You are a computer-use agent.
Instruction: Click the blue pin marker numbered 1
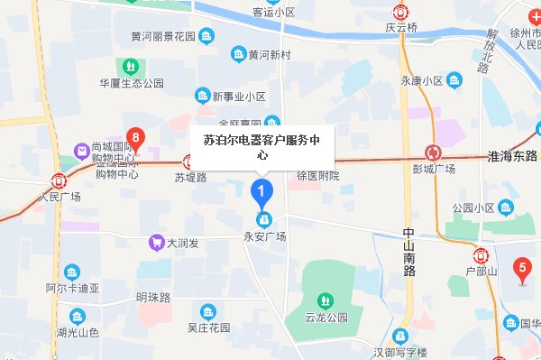pyautogui.click(x=261, y=191)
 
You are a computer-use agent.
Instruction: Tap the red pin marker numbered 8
pyautogui.click(x=136, y=138)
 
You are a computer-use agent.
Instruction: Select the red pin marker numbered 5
pyautogui.click(x=520, y=267)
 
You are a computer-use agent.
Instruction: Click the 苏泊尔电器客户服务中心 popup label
pyautogui.click(x=261, y=147)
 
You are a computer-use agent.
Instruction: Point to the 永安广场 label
pyautogui.click(x=262, y=236)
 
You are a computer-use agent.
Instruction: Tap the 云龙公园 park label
pyautogui.click(x=326, y=318)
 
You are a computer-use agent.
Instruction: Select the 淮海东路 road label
pyautogui.click(x=511, y=155)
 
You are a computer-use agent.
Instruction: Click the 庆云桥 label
pyautogui.click(x=403, y=28)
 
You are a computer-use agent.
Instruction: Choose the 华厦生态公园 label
pyautogui.click(x=132, y=83)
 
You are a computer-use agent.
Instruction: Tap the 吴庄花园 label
pyautogui.click(x=209, y=327)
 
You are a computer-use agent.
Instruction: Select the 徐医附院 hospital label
pyautogui.click(x=318, y=175)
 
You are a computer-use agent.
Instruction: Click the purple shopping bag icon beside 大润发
pyautogui.click(x=157, y=243)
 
